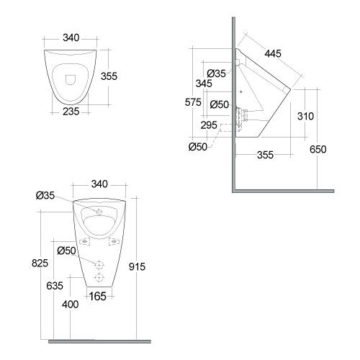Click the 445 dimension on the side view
point(273,53)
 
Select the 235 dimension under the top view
point(71,112)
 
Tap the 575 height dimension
point(193,102)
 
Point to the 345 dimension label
point(204,84)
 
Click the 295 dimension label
point(209,125)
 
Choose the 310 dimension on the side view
point(305,116)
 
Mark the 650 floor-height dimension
point(318,149)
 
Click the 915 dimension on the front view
point(137,266)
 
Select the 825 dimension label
point(40,263)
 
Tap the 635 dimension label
point(55,286)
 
